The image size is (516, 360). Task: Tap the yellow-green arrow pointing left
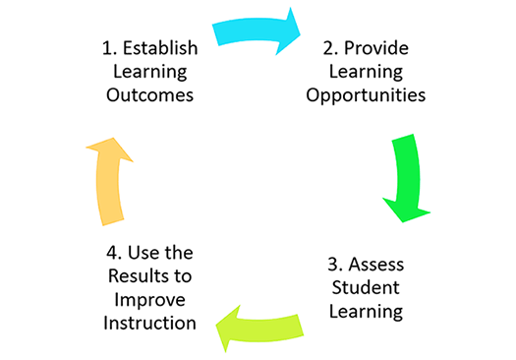(257, 326)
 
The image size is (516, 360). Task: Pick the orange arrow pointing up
(108, 183)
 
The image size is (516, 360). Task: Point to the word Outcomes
(148, 95)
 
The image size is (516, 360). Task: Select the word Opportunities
(366, 95)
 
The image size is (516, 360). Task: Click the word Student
(364, 288)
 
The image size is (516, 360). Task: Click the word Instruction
(148, 321)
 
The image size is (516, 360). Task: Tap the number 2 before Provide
(327, 48)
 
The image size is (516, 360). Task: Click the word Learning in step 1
(148, 72)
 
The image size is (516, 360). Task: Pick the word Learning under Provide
(366, 72)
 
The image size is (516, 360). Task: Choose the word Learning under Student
(365, 312)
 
